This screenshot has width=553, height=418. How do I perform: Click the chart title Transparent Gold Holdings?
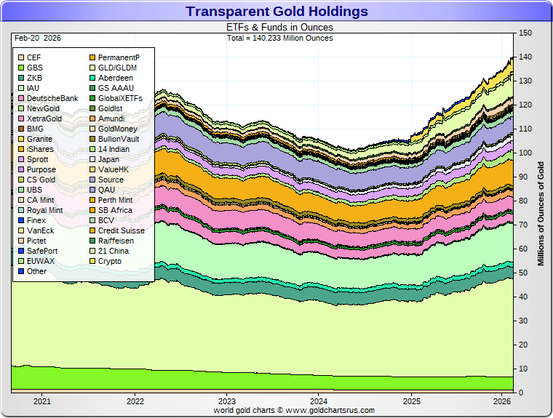276,12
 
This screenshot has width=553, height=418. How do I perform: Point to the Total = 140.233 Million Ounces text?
280,38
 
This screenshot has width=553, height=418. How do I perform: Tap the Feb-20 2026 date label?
36,38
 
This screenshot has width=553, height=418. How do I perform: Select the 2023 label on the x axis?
227,401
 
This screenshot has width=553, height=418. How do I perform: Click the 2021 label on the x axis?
42,401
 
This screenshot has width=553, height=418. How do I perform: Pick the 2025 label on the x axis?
411,401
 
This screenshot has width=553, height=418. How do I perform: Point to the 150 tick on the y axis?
524,33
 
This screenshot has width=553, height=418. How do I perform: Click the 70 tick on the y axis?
522,225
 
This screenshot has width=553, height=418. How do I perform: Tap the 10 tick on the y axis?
522,369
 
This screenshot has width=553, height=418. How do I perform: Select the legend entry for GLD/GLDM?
117,68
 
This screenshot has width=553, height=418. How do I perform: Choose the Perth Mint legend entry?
115,200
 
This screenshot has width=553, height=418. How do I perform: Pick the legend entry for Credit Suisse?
120,230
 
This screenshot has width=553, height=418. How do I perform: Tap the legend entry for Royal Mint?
44,210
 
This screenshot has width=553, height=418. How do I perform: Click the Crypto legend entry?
110,261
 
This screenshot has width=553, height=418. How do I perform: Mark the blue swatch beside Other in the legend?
21,271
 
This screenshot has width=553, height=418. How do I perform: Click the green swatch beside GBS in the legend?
21,68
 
